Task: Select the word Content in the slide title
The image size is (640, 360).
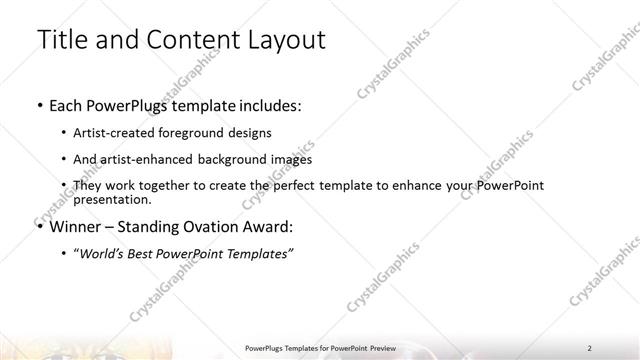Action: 188,41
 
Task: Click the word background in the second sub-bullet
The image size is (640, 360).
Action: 239,159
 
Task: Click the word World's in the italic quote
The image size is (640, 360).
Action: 104,253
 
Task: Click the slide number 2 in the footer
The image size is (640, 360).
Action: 590,347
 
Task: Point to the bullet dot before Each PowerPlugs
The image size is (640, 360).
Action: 38,105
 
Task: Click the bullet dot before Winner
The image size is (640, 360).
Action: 38,227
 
